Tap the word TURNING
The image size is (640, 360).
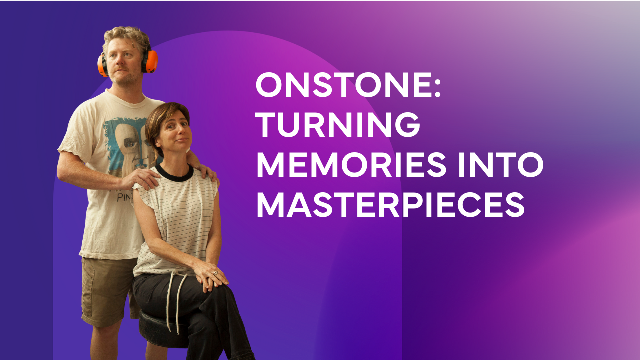coord(337,124)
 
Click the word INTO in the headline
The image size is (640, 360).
coord(501,165)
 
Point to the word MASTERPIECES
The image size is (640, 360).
coord(391,205)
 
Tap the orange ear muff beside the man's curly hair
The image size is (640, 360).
coord(150,61)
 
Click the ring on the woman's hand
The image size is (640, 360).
coord(216,273)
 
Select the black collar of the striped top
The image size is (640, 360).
coord(174,173)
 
